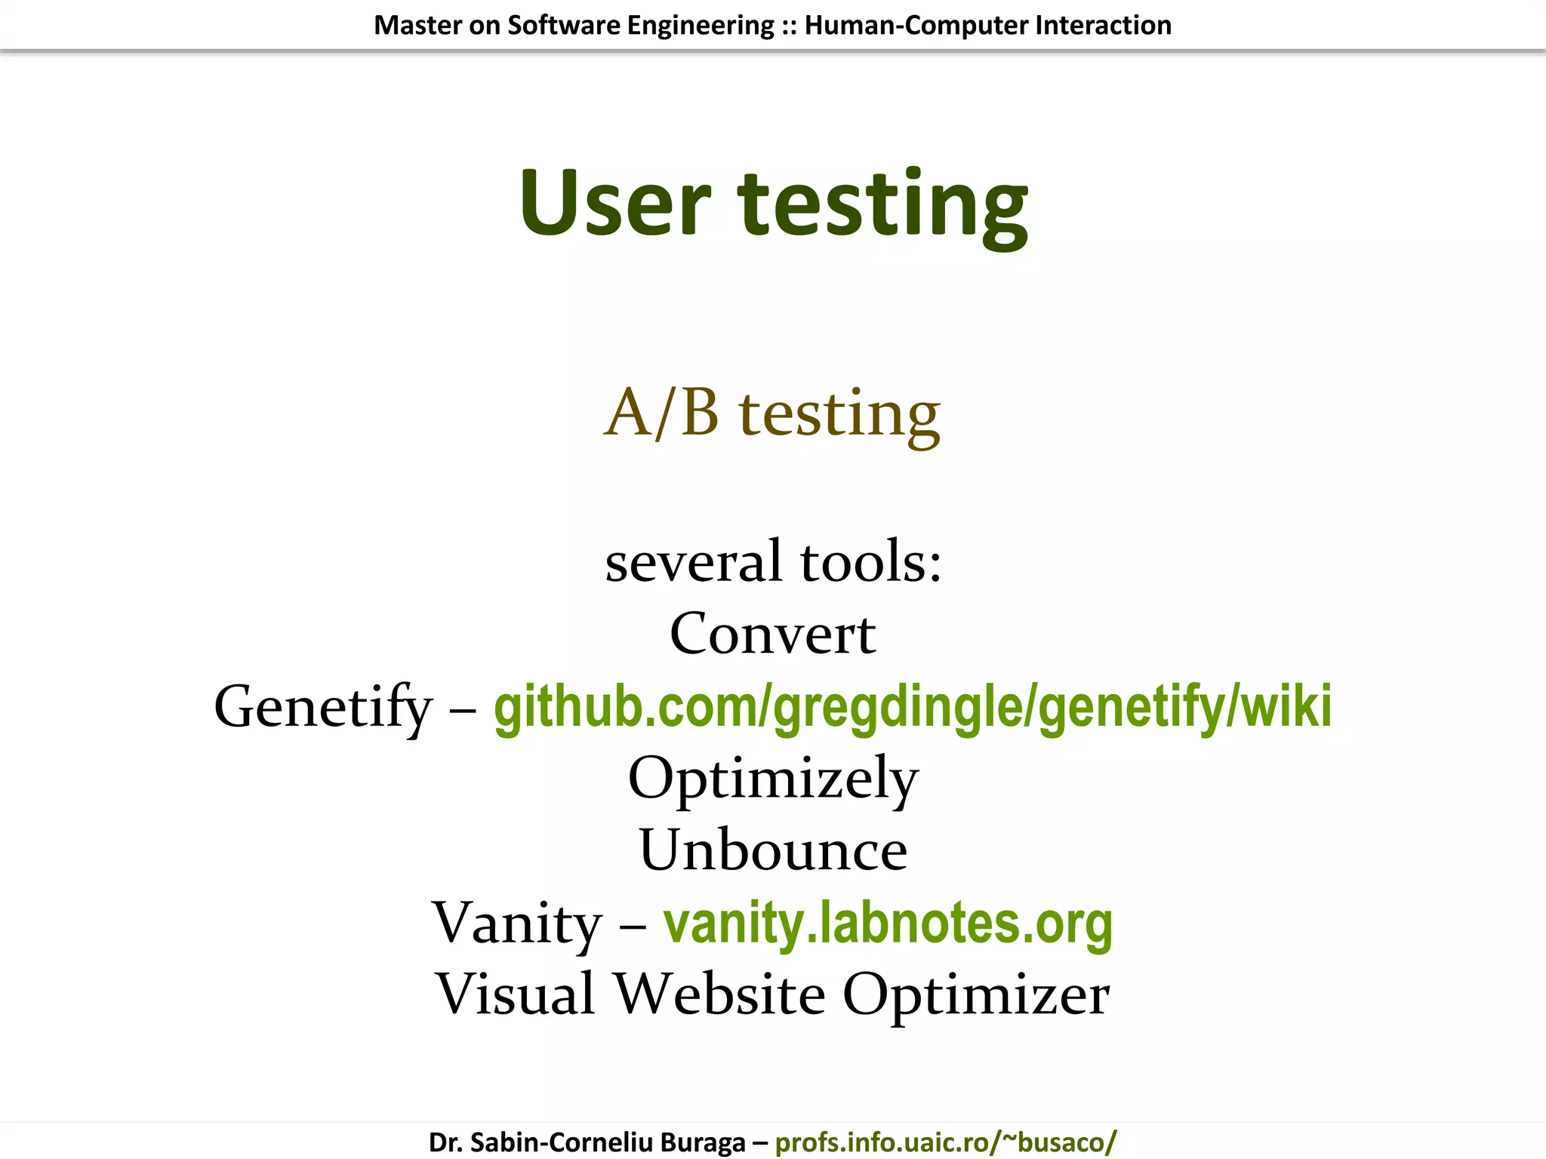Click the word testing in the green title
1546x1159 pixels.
point(882,205)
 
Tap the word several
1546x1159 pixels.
point(694,562)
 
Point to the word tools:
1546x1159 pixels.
point(871,562)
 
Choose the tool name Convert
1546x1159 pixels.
point(772,634)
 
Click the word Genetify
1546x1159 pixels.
point(323,708)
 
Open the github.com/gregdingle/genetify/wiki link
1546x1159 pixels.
point(913,706)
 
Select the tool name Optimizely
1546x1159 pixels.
point(773,779)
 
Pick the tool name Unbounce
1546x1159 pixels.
point(773,850)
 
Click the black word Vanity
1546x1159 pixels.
point(516,923)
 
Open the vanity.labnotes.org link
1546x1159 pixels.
point(888,923)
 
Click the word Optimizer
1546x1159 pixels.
point(976,994)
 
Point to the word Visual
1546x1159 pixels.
point(515,994)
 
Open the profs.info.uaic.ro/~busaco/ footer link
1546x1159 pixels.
point(946,1142)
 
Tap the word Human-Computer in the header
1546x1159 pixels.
point(916,26)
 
